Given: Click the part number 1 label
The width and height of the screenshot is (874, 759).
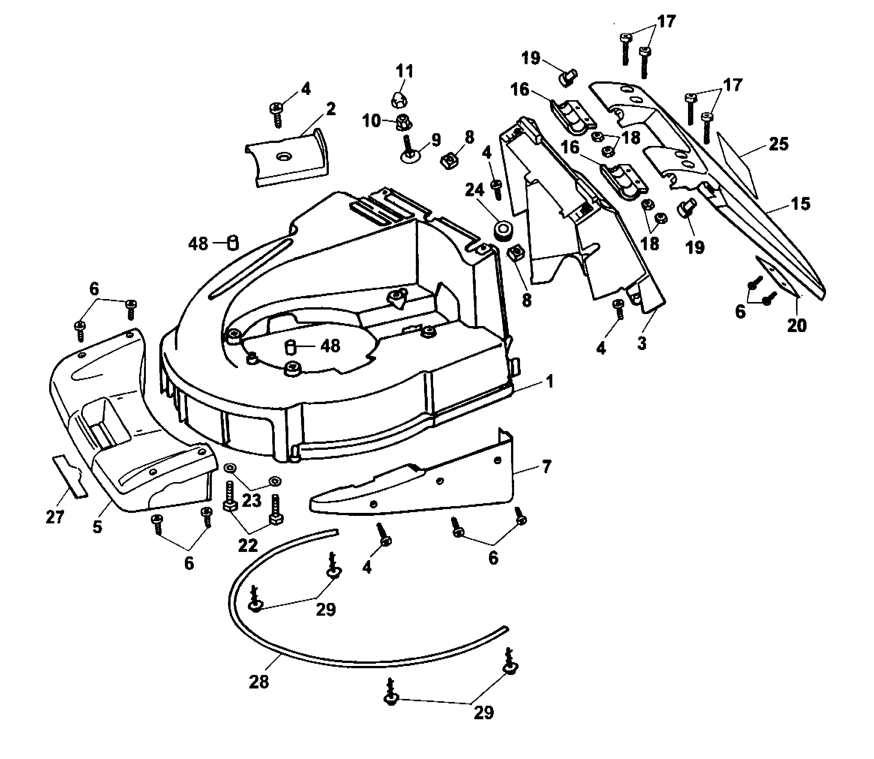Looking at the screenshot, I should click(x=549, y=382).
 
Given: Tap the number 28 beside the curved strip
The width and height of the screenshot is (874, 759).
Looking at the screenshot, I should click(x=259, y=682).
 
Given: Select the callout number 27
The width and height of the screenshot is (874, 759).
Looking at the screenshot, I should click(x=55, y=517).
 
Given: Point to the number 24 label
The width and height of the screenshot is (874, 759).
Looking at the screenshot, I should click(x=474, y=190).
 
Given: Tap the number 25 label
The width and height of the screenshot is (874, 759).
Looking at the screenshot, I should click(x=779, y=144).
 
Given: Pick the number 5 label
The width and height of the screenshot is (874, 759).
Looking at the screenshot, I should click(x=97, y=527).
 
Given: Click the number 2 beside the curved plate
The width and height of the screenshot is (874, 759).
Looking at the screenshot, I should click(x=331, y=109).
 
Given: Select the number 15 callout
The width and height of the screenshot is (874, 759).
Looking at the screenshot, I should click(x=800, y=204).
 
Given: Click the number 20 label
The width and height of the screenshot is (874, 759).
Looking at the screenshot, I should click(x=796, y=325).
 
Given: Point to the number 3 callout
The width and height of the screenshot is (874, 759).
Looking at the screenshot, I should click(x=642, y=343).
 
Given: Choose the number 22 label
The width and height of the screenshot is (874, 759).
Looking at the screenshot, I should click(x=247, y=546).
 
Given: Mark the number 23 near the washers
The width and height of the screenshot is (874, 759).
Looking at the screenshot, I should click(x=252, y=500).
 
